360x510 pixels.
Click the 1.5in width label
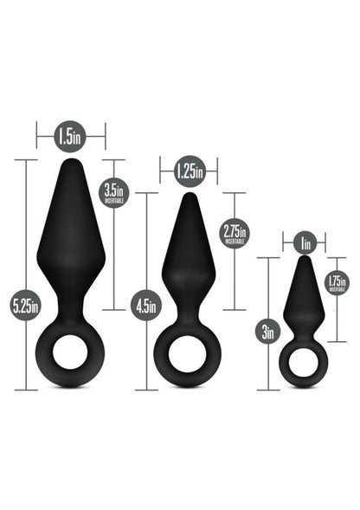(x=70, y=135)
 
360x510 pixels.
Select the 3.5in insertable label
(x=114, y=191)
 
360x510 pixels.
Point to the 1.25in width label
(x=188, y=171)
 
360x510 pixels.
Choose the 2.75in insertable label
(x=235, y=232)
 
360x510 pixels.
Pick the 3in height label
(x=270, y=329)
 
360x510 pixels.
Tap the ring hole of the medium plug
(x=188, y=356)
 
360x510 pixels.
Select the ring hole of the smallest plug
(x=302, y=362)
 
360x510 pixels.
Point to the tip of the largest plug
(x=71, y=163)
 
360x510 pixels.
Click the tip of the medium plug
(x=188, y=197)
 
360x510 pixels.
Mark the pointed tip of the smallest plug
(x=302, y=260)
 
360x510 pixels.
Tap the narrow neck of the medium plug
(x=188, y=316)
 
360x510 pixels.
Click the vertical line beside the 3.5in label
(x=114, y=260)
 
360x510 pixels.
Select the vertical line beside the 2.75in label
(x=234, y=277)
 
